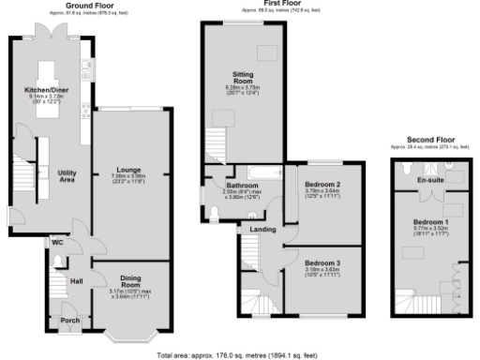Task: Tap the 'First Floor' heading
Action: coord(276,4)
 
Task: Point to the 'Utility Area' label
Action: coord(66,175)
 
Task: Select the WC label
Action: coord(56,242)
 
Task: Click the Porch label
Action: coord(70,319)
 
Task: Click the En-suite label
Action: coord(429,178)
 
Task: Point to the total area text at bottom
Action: coord(240,355)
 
